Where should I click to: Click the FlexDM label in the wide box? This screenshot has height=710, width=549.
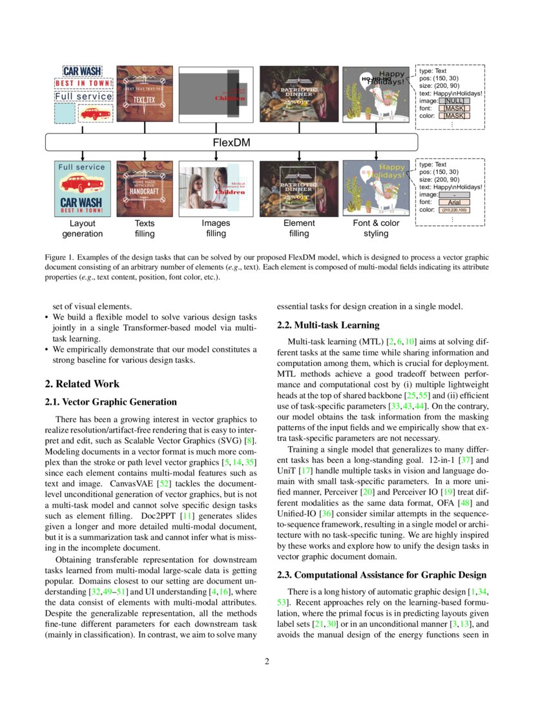[x=231, y=142]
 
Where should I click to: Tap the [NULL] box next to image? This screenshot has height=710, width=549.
[x=455, y=101]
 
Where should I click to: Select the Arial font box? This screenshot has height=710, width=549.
[x=454, y=202]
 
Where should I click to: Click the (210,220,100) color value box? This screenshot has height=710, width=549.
[x=454, y=210]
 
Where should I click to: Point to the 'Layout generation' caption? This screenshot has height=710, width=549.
[x=82, y=228]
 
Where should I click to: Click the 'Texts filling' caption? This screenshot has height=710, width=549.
[x=145, y=228]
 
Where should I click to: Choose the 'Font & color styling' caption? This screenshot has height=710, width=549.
[x=376, y=228]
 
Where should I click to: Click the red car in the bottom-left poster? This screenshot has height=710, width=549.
[x=83, y=185]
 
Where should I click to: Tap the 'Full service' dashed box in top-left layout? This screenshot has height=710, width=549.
[x=83, y=97]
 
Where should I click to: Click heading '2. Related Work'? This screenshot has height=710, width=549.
[x=82, y=383]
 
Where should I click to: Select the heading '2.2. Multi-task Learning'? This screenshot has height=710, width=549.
[x=329, y=325]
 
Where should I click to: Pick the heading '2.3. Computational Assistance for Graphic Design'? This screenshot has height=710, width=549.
[x=382, y=575]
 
